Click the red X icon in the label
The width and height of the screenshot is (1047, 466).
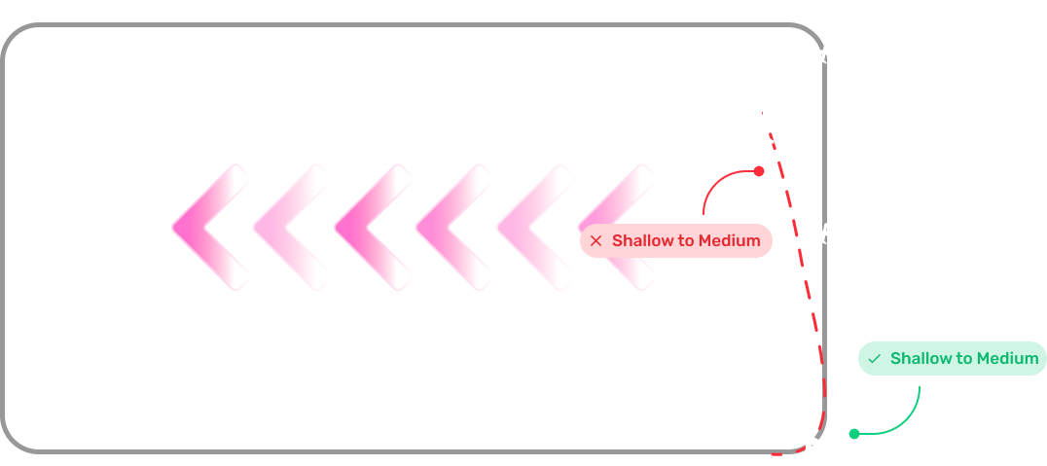[596, 241]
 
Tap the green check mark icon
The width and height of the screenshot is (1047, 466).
[874, 359]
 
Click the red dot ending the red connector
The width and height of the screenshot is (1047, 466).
[759, 171]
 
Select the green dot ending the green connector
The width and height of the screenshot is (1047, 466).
[854, 434]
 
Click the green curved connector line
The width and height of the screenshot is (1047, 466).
[905, 420]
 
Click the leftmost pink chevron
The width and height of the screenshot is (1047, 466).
[210, 228]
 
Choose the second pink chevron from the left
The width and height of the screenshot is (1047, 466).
[292, 228]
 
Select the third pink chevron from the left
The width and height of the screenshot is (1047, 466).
[374, 228]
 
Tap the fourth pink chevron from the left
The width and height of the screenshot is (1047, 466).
[454, 228]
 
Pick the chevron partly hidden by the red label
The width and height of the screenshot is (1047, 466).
[616, 228]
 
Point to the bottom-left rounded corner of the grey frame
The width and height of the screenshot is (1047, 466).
[14, 442]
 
